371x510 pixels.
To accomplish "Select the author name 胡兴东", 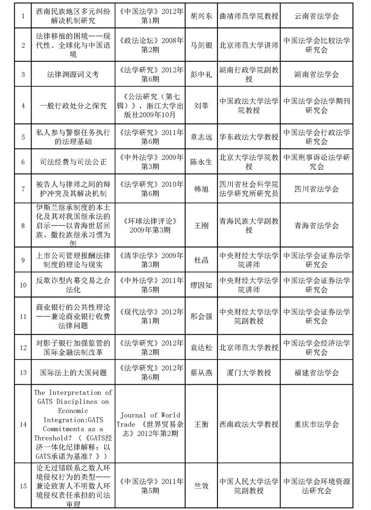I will pyautogui.click(x=201, y=16).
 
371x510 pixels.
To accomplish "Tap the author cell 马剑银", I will pyautogui.click(x=201, y=45).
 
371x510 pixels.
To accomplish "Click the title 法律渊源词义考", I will pyautogui.click(x=73, y=74).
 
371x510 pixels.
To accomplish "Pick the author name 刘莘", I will pyautogui.click(x=201, y=105).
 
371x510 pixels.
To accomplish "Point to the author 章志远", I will pyautogui.click(x=201, y=137).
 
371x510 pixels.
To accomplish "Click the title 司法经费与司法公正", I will pyautogui.click(x=73, y=162).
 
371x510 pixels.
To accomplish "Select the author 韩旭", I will pyautogui.click(x=201, y=189).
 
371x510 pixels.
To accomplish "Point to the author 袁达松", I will pyautogui.click(x=201, y=347).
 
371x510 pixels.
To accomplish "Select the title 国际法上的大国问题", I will pyautogui.click(x=73, y=372).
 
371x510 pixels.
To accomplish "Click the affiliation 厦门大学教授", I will pyautogui.click(x=249, y=372).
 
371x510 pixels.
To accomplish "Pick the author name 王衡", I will pyautogui.click(x=201, y=424).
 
